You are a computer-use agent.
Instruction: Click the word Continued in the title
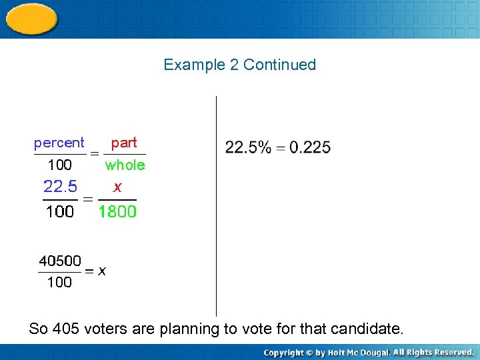click(279, 65)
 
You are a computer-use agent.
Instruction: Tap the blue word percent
click(59, 143)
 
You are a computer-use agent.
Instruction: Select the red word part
click(124, 143)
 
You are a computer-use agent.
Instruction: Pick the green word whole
click(125, 165)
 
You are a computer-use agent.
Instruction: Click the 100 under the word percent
click(59, 165)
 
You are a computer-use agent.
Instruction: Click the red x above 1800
click(117, 188)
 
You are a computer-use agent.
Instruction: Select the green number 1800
click(117, 212)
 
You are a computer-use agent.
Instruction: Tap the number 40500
click(59, 260)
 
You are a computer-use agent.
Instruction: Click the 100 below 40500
click(59, 283)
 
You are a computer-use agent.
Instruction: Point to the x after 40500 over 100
click(102, 271)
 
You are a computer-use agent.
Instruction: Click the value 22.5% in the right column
click(248, 147)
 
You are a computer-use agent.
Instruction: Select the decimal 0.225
click(308, 147)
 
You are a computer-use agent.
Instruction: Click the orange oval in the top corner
click(31, 18)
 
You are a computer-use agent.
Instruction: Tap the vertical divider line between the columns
click(216, 207)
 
